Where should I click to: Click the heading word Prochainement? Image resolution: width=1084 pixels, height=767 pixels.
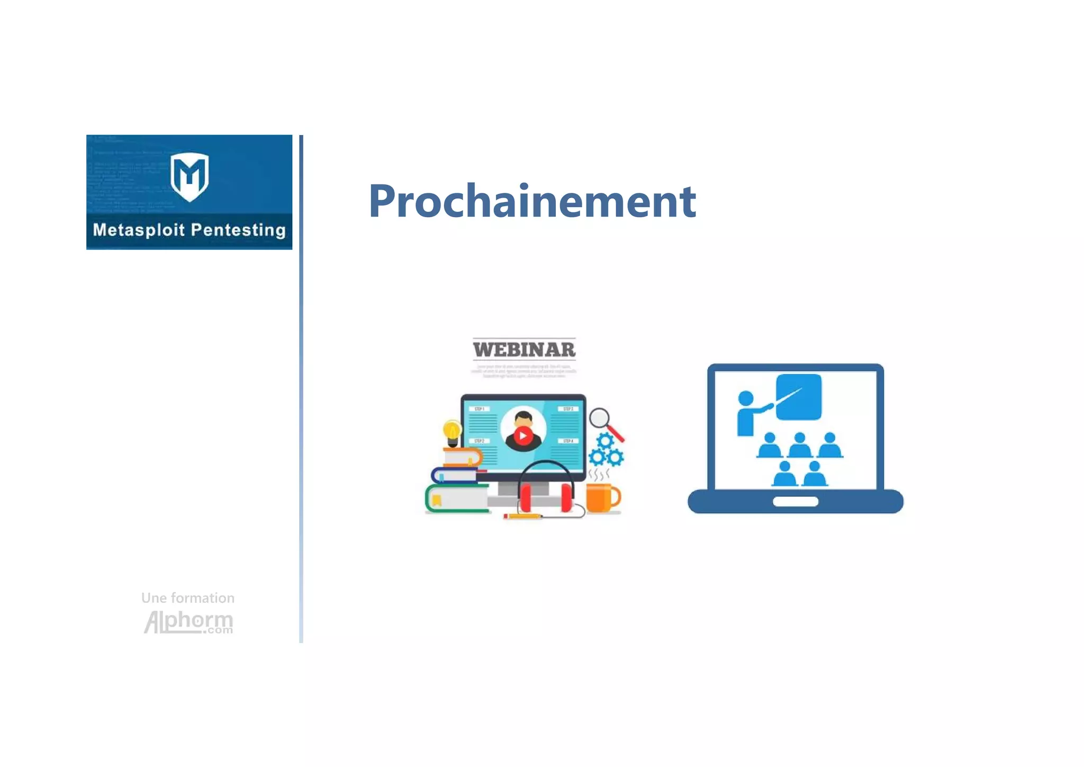(532, 201)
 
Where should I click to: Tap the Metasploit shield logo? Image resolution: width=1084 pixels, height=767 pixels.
(189, 176)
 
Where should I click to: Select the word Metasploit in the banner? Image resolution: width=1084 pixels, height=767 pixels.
(139, 230)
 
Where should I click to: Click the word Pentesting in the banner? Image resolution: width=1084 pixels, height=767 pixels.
(238, 230)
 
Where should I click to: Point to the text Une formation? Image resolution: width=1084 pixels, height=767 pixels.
(188, 598)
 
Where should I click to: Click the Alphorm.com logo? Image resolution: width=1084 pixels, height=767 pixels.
(188, 622)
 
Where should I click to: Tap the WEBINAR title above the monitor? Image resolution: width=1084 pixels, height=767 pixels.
(524, 350)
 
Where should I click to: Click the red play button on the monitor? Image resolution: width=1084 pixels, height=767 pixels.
(523, 436)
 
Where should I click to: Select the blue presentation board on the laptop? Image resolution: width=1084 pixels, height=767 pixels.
(799, 397)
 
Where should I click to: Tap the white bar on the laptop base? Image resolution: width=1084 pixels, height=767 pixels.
(795, 501)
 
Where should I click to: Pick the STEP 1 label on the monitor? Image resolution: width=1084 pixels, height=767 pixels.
(479, 409)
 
